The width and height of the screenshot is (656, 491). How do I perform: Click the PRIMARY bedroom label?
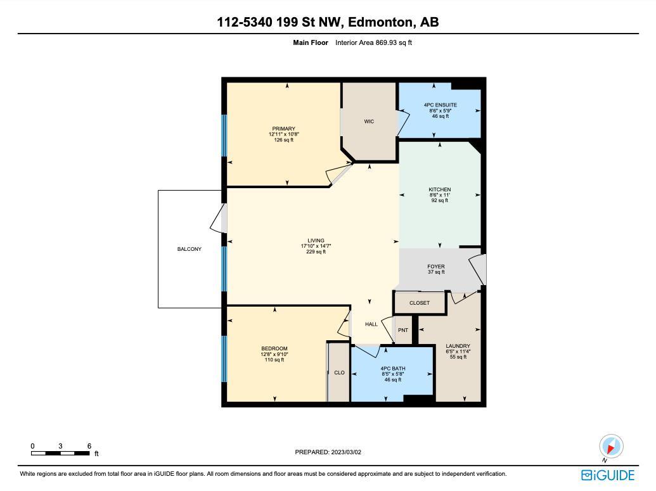(284, 129)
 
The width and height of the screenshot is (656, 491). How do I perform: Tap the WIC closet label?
(369, 121)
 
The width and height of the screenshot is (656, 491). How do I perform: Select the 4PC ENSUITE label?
(440, 105)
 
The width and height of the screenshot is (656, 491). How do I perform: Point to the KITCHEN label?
(439, 189)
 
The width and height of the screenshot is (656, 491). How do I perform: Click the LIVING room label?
(316, 241)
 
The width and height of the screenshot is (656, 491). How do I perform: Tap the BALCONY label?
(189, 249)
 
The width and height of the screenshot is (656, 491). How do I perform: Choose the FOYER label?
(436, 267)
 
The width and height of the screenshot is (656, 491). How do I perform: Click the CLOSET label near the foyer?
(419, 303)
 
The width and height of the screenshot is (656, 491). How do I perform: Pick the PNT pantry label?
(403, 330)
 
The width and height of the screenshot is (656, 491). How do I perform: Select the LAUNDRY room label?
(458, 346)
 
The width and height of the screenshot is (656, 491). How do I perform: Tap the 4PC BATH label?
(393, 368)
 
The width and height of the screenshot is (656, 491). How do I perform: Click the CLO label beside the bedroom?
(339, 373)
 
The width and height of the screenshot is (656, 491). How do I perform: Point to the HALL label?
(371, 324)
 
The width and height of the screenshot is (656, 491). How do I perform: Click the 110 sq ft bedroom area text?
(274, 360)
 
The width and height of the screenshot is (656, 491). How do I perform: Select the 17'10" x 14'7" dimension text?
(316, 246)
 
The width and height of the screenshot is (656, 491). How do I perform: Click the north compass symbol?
(611, 445)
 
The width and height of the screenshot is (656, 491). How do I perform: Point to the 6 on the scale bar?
(89, 446)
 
